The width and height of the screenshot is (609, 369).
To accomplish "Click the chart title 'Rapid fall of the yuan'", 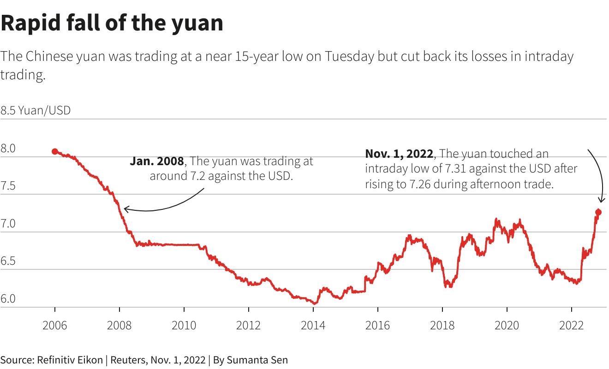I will pyautogui.click(x=112, y=23).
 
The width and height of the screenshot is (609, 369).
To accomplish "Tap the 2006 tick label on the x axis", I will pyautogui.click(x=54, y=326).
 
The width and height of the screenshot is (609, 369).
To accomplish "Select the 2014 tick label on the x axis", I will pyautogui.click(x=313, y=326).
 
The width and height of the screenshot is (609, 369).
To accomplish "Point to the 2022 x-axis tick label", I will pyautogui.click(x=571, y=326).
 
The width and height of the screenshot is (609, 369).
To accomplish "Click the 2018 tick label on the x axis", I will pyautogui.click(x=442, y=326).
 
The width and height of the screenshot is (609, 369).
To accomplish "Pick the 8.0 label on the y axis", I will pyautogui.click(x=8, y=149).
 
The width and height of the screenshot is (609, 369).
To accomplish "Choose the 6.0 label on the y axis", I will pyautogui.click(x=8, y=299).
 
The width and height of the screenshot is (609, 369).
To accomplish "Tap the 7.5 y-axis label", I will pyautogui.click(x=8, y=186).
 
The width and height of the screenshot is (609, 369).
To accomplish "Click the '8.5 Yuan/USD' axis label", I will pyautogui.click(x=36, y=111).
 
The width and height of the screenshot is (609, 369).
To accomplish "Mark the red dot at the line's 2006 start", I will pyautogui.click(x=55, y=151).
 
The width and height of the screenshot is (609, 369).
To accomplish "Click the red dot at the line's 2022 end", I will pyautogui.click(x=598, y=212).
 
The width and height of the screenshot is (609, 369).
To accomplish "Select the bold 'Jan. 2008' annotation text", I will pyautogui.click(x=157, y=161).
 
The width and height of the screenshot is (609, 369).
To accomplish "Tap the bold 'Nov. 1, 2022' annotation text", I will pyautogui.click(x=399, y=154).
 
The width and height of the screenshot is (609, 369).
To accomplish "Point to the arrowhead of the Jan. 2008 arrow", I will pyautogui.click(x=125, y=209).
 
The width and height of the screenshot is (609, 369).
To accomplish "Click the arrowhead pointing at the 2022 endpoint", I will pyautogui.click(x=601, y=200).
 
